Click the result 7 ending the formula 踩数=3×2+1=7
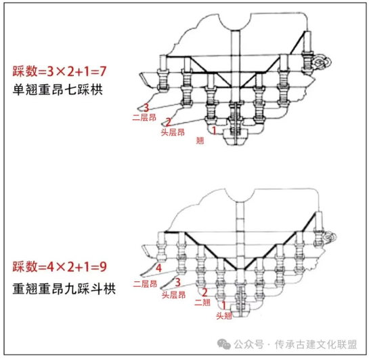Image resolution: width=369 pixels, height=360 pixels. click(x=103, y=71)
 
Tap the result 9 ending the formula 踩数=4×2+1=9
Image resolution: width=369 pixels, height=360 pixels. click(x=103, y=266)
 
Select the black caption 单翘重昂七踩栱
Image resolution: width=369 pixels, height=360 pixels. click(x=58, y=89)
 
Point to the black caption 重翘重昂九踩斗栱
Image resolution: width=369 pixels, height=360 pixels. click(x=64, y=289)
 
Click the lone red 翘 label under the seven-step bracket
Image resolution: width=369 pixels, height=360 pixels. click(x=200, y=140)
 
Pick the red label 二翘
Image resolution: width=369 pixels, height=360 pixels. click(x=202, y=302)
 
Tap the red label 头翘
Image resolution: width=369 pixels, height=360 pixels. click(x=224, y=316)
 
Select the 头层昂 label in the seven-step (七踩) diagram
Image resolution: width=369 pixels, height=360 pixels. click(x=173, y=132)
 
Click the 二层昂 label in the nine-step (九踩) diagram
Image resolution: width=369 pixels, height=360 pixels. click(x=145, y=283)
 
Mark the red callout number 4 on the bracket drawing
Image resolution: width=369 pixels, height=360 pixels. click(x=158, y=268)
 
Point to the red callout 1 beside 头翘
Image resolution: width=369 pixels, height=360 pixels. click(x=223, y=305)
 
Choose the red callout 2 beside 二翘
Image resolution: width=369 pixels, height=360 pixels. click(x=204, y=292)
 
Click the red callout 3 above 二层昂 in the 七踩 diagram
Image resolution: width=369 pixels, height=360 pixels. click(x=146, y=108)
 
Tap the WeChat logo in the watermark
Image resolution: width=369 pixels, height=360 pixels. click(x=224, y=344)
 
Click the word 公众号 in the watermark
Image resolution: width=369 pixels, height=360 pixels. click(x=248, y=344)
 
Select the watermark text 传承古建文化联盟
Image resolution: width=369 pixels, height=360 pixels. click(x=316, y=344)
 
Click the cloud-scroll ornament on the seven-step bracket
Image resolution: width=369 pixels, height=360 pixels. click(x=322, y=62)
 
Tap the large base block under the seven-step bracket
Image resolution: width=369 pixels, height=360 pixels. click(x=236, y=137)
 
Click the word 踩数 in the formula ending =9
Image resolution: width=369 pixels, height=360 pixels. click(x=25, y=266)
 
